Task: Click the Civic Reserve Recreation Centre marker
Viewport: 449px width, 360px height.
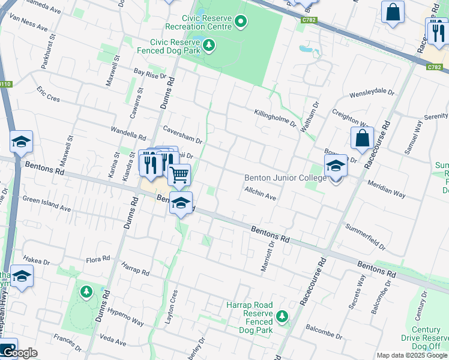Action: [x=241, y=23]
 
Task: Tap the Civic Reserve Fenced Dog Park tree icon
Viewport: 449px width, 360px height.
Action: [x=209, y=45]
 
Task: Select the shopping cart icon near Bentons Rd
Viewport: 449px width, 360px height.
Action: [x=179, y=175]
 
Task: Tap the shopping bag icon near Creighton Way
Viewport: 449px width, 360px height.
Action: [x=363, y=139]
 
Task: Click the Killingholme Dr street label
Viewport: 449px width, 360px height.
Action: [x=275, y=118]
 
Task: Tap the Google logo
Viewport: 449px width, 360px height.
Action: [x=19, y=353]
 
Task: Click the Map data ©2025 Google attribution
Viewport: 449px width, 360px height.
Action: [x=411, y=355]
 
